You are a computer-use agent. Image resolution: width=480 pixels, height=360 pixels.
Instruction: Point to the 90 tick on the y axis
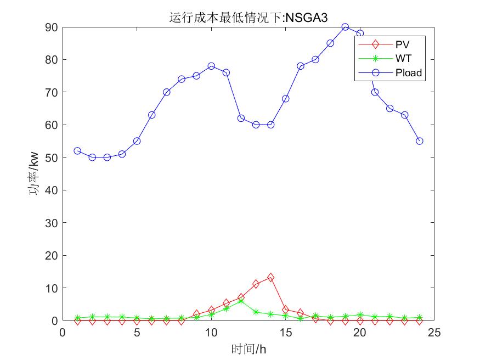coord(52,27)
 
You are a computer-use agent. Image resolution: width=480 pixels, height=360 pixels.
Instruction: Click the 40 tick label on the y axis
coord(52,190)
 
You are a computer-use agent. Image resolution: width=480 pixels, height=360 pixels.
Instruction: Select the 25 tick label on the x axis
coord(434,332)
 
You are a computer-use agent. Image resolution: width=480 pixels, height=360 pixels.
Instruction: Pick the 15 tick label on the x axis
coord(285,332)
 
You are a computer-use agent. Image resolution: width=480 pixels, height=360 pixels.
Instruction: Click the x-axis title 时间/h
coord(249,348)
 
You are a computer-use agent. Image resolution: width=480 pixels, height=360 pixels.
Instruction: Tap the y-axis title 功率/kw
coord(33,173)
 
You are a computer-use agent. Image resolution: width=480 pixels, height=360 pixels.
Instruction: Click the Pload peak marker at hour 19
coord(345,27)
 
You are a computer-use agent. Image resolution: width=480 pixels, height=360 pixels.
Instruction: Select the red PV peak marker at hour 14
coord(270,278)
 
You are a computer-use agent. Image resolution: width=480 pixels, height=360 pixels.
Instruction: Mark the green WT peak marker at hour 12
coord(241,301)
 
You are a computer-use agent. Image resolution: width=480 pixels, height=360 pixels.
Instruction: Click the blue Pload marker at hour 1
coord(77,151)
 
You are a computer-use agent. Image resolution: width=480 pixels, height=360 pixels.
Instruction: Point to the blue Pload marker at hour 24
coord(420,141)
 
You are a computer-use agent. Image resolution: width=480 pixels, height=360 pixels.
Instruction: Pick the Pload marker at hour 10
coord(211,66)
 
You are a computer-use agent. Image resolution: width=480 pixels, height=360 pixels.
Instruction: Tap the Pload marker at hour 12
coord(241,118)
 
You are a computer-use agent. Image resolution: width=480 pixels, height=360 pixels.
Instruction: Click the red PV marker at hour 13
coord(256,284)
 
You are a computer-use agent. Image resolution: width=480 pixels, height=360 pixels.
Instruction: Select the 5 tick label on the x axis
coord(137,332)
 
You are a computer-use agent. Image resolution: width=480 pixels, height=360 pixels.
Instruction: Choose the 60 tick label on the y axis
coord(52,125)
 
